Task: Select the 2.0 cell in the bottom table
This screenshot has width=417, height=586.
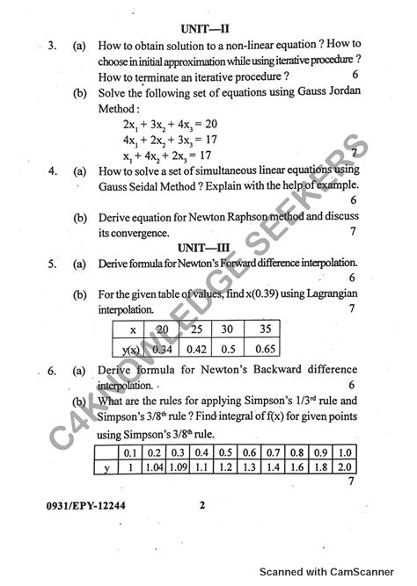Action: click(x=344, y=467)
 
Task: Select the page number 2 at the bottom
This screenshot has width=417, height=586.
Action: click(x=201, y=505)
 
